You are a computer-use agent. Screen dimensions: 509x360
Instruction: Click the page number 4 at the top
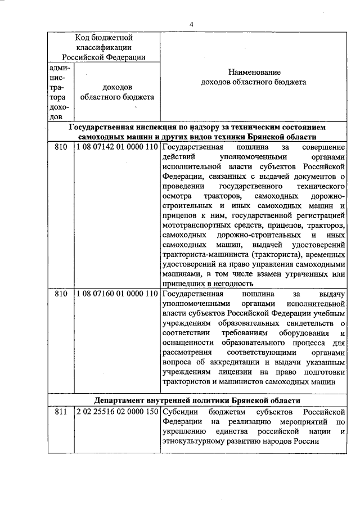(191, 25)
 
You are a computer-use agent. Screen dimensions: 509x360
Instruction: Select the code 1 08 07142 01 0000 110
(116, 147)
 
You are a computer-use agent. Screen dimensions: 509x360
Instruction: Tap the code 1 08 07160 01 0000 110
(116, 294)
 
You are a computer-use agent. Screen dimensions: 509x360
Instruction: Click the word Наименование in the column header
(254, 73)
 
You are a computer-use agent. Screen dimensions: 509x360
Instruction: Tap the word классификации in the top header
(104, 47)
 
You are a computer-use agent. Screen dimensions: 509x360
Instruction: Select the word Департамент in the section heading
(123, 400)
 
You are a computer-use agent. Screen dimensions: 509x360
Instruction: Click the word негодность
(229, 284)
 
